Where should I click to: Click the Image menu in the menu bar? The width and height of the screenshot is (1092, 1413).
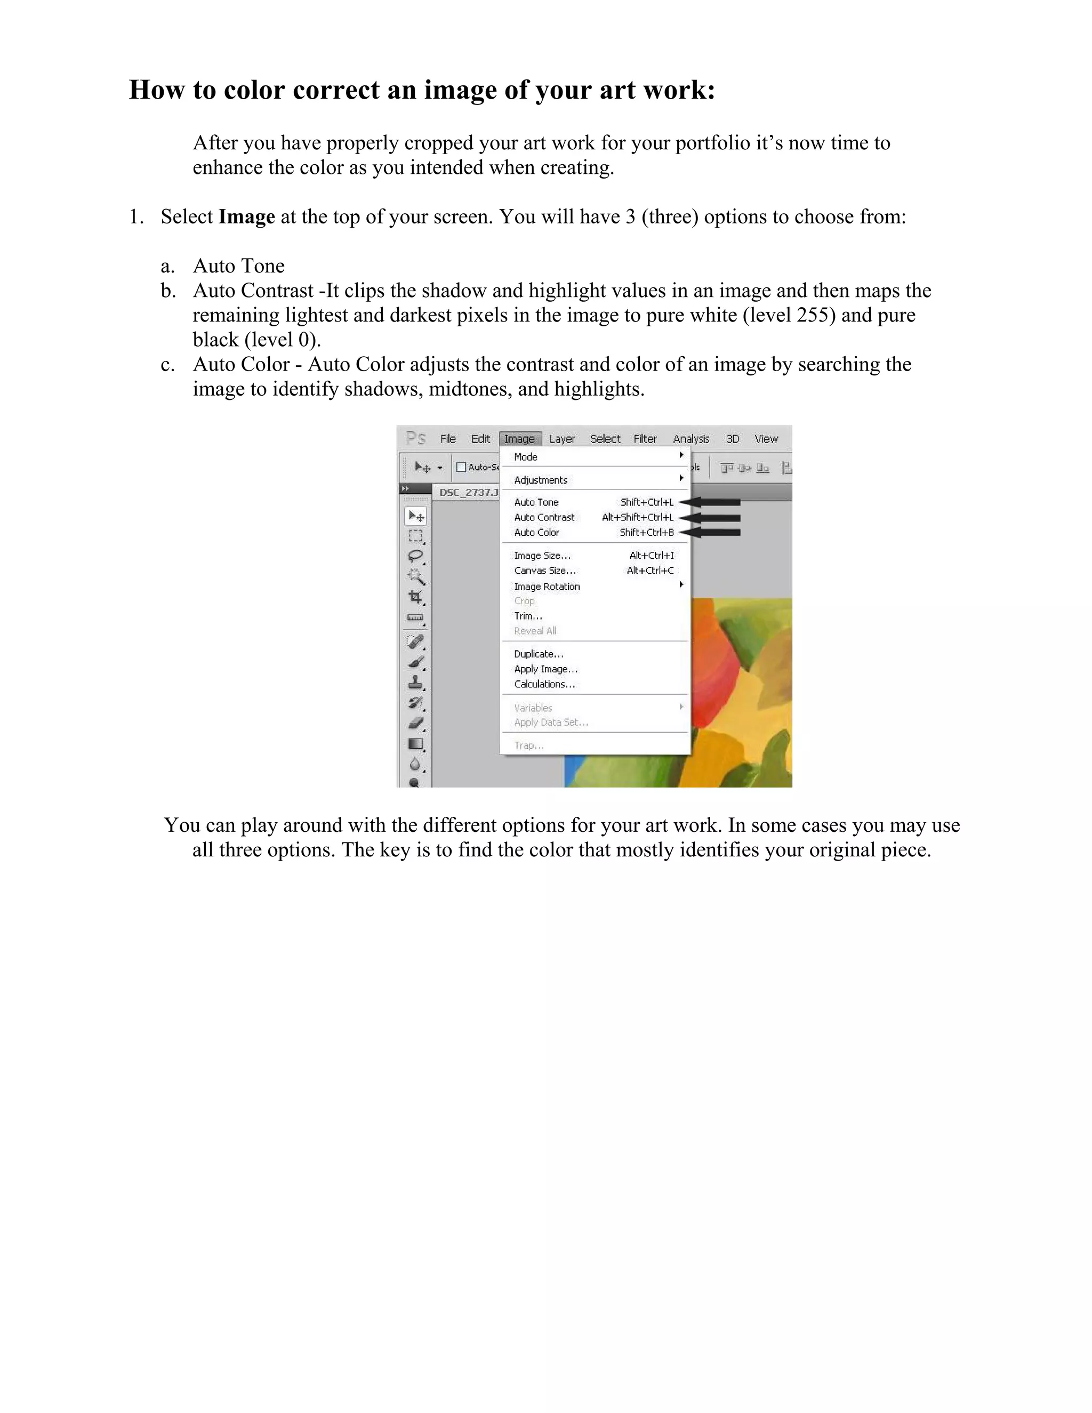519,439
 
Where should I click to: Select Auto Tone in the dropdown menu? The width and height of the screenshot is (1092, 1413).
536,502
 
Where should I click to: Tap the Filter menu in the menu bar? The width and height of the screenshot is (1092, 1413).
644,439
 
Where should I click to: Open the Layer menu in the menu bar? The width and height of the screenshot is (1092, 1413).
561,439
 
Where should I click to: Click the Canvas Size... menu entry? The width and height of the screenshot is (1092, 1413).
545,571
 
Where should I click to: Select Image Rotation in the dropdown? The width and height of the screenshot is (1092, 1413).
547,586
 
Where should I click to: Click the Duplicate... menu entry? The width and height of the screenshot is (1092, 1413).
538,654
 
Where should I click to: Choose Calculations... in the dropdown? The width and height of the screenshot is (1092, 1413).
544,685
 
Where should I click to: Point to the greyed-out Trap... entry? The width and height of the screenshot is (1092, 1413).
528,745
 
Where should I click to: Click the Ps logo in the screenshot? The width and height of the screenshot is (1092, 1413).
415,439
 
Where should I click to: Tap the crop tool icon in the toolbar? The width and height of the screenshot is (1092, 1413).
415,597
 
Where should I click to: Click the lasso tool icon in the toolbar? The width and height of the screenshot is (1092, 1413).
415,556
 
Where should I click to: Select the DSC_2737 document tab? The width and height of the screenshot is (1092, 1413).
468,492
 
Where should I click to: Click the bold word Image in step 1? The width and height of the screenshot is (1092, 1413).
246,216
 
